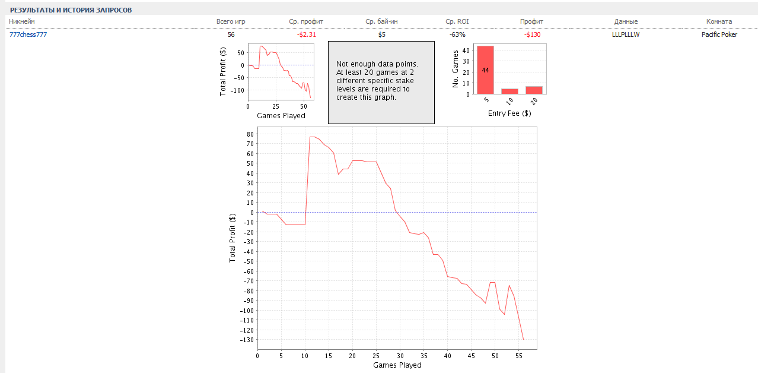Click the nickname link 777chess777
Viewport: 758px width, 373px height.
pyautogui.click(x=28, y=34)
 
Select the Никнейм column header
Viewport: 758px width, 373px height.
pyautogui.click(x=22, y=21)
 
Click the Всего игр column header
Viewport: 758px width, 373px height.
pyautogui.click(x=231, y=21)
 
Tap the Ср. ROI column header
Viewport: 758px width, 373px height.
pyautogui.click(x=457, y=21)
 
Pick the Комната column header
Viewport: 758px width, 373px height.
pyautogui.click(x=719, y=21)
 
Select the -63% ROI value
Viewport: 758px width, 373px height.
pyautogui.click(x=457, y=34)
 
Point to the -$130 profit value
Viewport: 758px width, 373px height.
pyautogui.click(x=532, y=34)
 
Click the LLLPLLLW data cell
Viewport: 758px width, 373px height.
pyautogui.click(x=626, y=34)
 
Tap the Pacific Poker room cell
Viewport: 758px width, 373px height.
pyautogui.click(x=719, y=34)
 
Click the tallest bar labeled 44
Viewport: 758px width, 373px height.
pyautogui.click(x=485, y=70)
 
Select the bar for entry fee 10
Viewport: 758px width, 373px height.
pyautogui.click(x=509, y=91)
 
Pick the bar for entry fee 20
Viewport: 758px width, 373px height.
pyautogui.click(x=534, y=90)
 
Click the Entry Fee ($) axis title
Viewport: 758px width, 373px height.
pyautogui.click(x=509, y=113)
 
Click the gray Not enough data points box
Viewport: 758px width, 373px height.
pyautogui.click(x=381, y=82)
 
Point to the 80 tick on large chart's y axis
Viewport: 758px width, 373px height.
pyautogui.click(x=250, y=134)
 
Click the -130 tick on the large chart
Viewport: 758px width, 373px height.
pyautogui.click(x=246, y=340)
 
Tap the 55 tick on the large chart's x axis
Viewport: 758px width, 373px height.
pyautogui.click(x=519, y=356)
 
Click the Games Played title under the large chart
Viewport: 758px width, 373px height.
pyautogui.click(x=397, y=365)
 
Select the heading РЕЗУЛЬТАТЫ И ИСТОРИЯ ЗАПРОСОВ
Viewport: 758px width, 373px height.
pyautogui.click(x=71, y=10)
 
